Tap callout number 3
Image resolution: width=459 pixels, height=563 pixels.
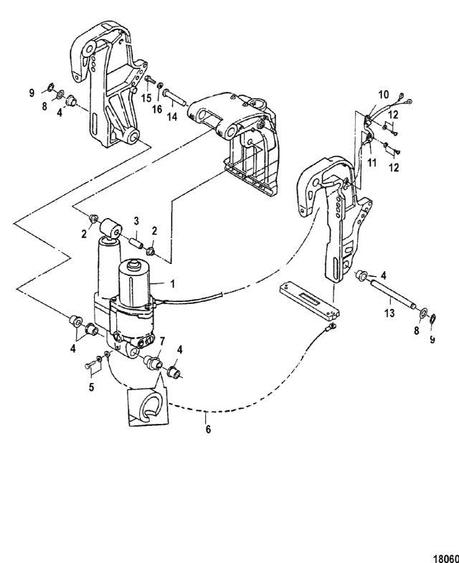[135, 221]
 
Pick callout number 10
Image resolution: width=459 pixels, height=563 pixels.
[383, 93]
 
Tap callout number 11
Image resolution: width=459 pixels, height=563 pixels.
[372, 164]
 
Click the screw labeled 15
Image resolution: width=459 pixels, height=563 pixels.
[150, 83]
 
